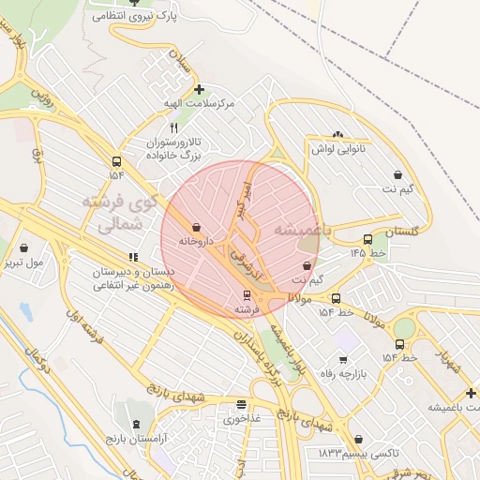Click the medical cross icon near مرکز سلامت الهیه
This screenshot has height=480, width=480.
[x=199, y=90]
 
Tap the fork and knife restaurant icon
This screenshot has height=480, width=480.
[x=173, y=127]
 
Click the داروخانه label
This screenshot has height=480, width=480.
[x=197, y=242]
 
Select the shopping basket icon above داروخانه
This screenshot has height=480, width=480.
[x=196, y=227]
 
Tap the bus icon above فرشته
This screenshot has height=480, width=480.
[x=245, y=295]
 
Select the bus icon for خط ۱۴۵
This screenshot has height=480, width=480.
[x=367, y=239]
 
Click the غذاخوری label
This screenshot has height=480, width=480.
[x=242, y=419]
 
